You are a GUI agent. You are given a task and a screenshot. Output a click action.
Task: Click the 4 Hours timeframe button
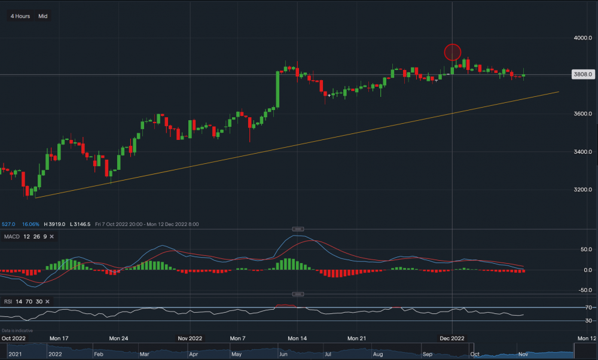[x=20, y=16]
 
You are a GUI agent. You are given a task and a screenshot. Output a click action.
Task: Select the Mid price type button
[x=43, y=16]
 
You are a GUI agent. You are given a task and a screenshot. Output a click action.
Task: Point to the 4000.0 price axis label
[x=582, y=38]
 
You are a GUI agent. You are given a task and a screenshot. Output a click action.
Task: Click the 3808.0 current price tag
[x=582, y=75]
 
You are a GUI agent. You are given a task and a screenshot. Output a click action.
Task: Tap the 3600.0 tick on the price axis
[x=582, y=114]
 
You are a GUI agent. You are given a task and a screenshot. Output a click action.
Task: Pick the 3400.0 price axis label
[x=582, y=152]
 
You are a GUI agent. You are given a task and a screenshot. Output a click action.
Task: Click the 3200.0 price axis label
[x=582, y=190]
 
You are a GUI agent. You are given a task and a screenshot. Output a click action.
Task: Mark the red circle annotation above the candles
[x=453, y=52]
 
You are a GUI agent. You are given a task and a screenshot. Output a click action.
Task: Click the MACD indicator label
[x=12, y=237]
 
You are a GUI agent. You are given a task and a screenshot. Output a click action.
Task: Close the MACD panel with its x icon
[x=51, y=237]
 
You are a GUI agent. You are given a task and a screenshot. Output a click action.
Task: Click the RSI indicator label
[x=8, y=301]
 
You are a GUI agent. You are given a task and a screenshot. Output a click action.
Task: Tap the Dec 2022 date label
[x=452, y=338]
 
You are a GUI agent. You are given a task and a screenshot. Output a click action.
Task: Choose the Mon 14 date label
[x=297, y=338]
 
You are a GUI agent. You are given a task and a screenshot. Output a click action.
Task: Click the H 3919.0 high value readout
[x=56, y=224]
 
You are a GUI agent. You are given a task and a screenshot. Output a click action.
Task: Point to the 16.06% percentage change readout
[x=30, y=224]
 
